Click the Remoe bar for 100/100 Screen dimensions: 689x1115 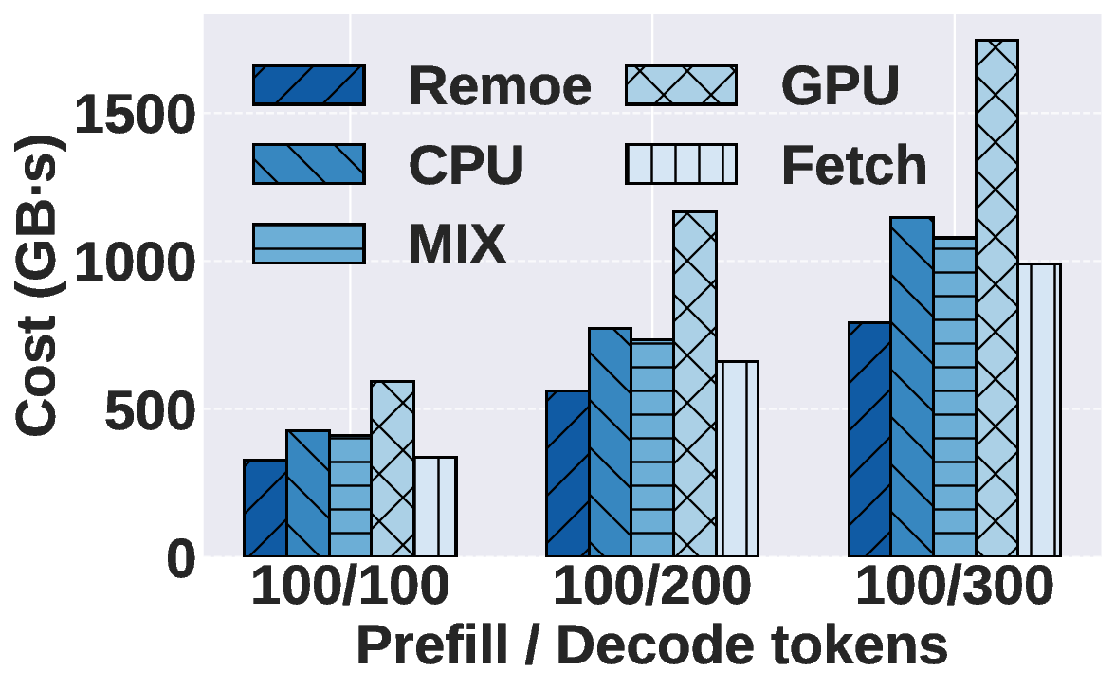tap(265, 508)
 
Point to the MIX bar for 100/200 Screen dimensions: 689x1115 tap(652, 448)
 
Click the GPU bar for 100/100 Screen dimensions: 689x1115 tap(393, 468)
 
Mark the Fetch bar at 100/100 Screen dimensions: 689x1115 tap(435, 506)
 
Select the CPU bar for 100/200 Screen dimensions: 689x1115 tap(610, 442)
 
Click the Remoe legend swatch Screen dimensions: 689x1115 tap(309, 84)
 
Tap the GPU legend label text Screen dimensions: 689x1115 tap(840, 86)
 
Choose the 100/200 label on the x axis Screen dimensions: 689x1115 tap(652, 589)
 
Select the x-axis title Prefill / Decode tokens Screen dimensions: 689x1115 tap(652, 647)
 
